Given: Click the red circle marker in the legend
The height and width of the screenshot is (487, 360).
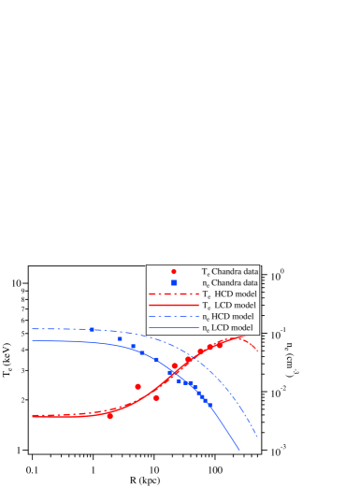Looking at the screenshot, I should click(174, 271).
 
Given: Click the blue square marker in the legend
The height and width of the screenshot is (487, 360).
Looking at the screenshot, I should click(174, 282).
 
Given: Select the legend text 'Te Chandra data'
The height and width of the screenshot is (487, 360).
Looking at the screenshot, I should click(230, 271).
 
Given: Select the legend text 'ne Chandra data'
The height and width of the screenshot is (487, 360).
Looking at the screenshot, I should click(230, 282).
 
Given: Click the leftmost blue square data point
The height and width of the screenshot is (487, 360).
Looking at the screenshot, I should click(92, 330).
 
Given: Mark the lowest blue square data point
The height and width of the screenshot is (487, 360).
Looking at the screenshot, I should click(209, 405).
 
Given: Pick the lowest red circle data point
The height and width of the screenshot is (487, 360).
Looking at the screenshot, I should click(110, 416).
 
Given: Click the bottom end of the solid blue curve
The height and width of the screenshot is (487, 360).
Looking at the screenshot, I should click(239, 451).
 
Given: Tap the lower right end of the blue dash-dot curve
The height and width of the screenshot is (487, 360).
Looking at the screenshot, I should click(256, 436).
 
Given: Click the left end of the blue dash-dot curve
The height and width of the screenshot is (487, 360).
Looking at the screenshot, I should click(33, 329).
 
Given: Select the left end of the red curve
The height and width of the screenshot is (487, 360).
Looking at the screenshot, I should click(33, 416).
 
